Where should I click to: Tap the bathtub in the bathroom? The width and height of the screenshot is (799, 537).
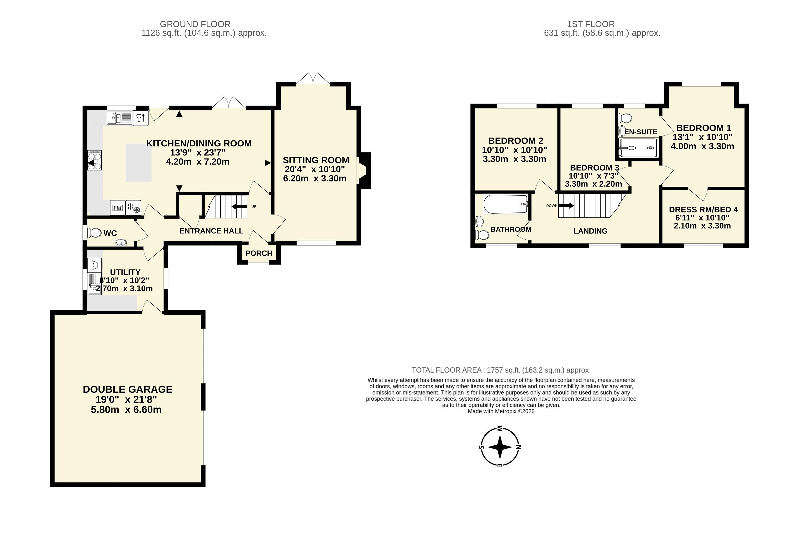click(x=505, y=205)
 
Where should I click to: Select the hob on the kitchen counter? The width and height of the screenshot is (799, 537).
click(x=95, y=160)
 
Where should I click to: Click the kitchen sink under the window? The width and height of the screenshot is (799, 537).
click(x=119, y=118)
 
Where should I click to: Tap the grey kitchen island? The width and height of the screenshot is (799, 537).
click(x=139, y=163)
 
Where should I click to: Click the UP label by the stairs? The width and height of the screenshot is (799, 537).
click(x=254, y=207)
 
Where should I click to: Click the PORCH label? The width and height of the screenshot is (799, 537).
click(x=259, y=253)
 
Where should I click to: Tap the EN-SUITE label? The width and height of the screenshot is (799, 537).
click(x=641, y=132)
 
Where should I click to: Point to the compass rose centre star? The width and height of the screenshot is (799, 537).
click(x=500, y=447)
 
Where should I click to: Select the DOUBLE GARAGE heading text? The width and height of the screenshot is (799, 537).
click(x=128, y=389)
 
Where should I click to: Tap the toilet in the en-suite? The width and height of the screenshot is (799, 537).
click(x=625, y=118)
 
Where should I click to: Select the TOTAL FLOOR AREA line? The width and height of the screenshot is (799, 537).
click(x=501, y=370)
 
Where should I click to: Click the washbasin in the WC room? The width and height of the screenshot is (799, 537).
click(x=121, y=243)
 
